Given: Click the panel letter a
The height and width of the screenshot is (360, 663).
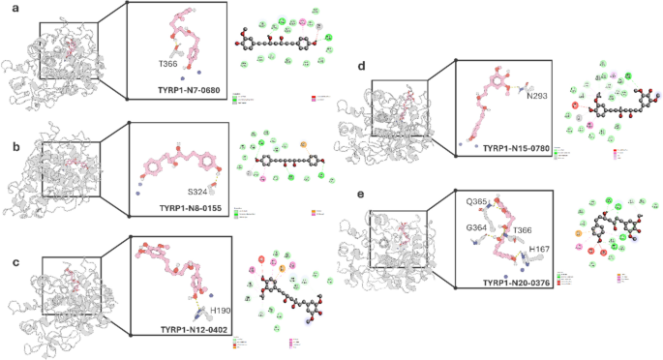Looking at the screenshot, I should point(5,8).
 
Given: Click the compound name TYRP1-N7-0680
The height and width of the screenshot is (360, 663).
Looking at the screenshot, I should point(189,89).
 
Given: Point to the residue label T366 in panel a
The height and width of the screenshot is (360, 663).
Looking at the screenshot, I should point(168,63).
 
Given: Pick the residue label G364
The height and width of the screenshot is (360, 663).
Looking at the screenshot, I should point(476,228).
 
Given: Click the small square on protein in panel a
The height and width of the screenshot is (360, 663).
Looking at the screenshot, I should point(68,50).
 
